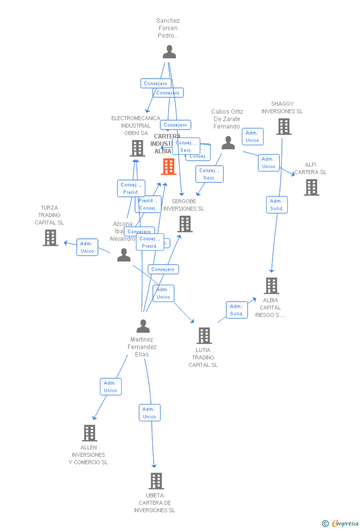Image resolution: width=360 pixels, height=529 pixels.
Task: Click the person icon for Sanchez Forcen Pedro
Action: [169, 52]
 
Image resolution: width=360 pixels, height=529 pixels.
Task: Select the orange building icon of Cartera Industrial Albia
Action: [169, 167]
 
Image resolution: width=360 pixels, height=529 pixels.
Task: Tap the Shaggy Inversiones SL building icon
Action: [283, 127]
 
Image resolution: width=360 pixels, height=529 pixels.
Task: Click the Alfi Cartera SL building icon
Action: [311, 187]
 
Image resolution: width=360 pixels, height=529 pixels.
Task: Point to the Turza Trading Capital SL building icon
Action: [50, 238]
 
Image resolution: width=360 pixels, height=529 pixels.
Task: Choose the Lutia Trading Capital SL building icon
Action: [204, 336]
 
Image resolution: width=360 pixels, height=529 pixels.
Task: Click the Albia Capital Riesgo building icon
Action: [271, 286]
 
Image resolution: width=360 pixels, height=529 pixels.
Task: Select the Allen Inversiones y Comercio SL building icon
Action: [89, 433]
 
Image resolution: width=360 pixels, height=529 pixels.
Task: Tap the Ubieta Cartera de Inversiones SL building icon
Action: [156, 481]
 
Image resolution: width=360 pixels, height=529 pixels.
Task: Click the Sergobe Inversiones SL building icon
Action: [184, 224]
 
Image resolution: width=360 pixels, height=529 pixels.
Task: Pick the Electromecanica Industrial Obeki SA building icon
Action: [137, 148]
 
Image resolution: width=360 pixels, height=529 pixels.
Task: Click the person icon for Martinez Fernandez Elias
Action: [143, 326]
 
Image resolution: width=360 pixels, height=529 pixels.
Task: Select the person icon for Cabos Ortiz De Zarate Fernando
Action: [228, 143]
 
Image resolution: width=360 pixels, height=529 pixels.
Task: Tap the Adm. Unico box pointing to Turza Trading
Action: [87, 247]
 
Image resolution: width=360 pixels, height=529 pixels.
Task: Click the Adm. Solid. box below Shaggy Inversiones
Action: [276, 205]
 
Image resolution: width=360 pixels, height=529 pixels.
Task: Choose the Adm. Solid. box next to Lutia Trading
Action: [237, 310]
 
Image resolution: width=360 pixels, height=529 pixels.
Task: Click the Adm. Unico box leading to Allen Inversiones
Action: [110, 387]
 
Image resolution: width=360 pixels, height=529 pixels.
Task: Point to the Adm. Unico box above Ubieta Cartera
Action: [149, 413]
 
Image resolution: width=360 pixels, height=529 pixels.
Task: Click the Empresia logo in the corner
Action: [341, 523]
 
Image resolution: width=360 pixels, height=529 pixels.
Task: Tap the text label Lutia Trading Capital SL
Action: [203, 357]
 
